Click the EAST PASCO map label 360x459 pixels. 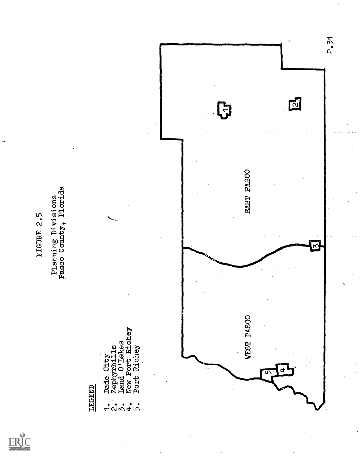[x=248, y=192]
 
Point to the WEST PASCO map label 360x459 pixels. [x=248, y=337]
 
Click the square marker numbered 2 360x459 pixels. [x=295, y=105]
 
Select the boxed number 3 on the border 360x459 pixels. [x=315, y=246]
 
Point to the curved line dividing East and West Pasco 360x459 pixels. [x=239, y=266]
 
